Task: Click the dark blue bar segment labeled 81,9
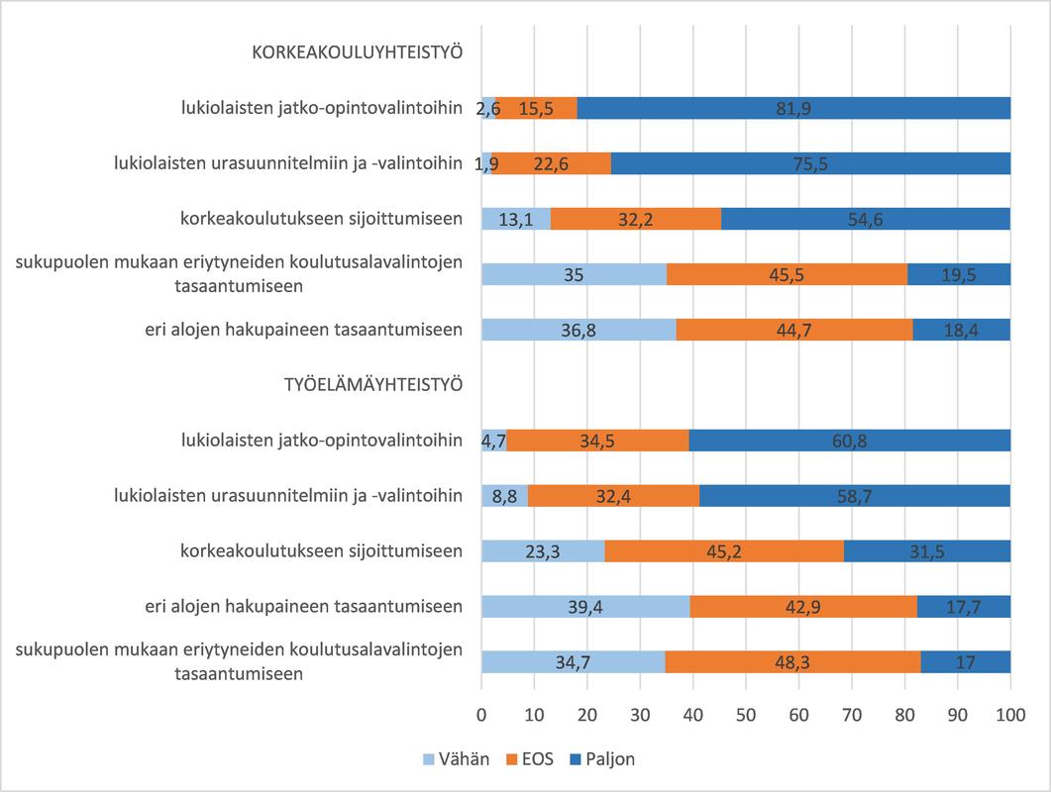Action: click(793, 109)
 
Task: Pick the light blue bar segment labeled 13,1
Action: click(516, 220)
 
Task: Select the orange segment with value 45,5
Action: click(787, 275)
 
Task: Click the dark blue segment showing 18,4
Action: click(961, 330)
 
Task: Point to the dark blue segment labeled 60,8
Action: click(849, 441)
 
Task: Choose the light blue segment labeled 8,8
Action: click(504, 496)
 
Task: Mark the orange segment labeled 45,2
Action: click(724, 551)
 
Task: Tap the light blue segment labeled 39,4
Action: click(585, 606)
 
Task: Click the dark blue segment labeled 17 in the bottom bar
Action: click(965, 661)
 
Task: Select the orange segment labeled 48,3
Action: click(792, 661)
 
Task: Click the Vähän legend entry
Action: click(457, 759)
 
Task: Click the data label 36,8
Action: click(578, 330)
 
